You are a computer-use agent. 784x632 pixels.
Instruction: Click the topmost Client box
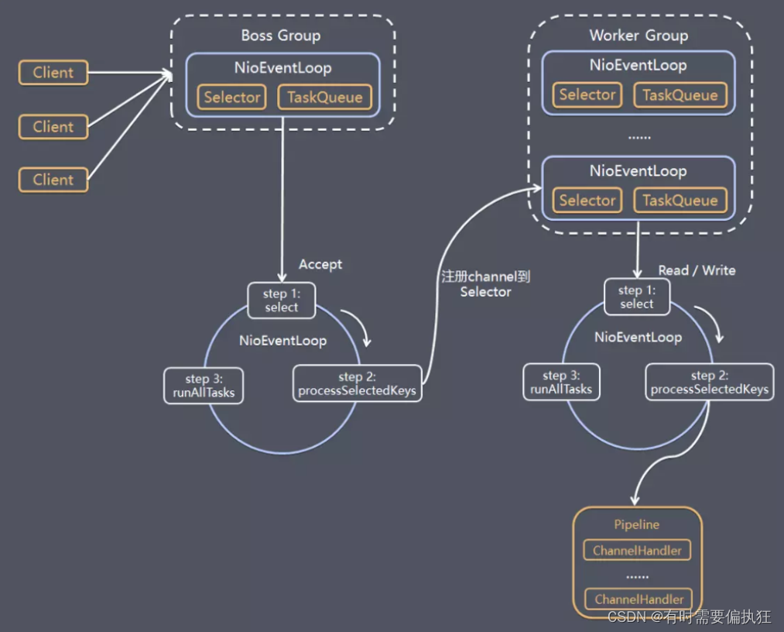(x=53, y=74)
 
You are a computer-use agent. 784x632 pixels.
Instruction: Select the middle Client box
(x=53, y=127)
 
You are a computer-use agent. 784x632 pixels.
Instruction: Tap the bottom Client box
(x=53, y=180)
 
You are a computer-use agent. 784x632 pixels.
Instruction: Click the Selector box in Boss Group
(x=232, y=98)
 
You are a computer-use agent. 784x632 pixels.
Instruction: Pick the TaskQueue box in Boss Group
(x=325, y=98)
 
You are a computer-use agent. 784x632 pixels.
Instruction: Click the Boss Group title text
(x=280, y=36)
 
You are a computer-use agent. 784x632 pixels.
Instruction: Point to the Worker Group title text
(x=638, y=36)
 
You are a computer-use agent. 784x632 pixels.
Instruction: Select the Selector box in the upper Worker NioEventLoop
(x=587, y=95)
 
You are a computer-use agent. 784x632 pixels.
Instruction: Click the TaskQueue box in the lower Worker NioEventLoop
(x=680, y=201)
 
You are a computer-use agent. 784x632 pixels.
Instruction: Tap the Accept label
(x=320, y=265)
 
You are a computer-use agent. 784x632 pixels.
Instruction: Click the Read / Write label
(x=697, y=270)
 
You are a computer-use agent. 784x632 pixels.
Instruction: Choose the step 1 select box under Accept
(x=281, y=301)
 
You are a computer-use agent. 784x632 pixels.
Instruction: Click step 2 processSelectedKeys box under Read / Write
(x=709, y=383)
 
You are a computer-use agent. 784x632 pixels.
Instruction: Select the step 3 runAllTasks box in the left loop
(x=204, y=386)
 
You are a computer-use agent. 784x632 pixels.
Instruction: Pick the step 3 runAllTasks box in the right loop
(x=561, y=383)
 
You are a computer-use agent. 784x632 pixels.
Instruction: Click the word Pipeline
(x=637, y=524)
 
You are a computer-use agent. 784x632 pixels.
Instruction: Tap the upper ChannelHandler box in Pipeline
(x=637, y=551)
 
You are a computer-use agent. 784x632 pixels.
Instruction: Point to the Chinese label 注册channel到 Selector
(x=485, y=283)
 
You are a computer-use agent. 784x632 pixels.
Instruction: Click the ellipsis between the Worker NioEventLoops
(x=638, y=138)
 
